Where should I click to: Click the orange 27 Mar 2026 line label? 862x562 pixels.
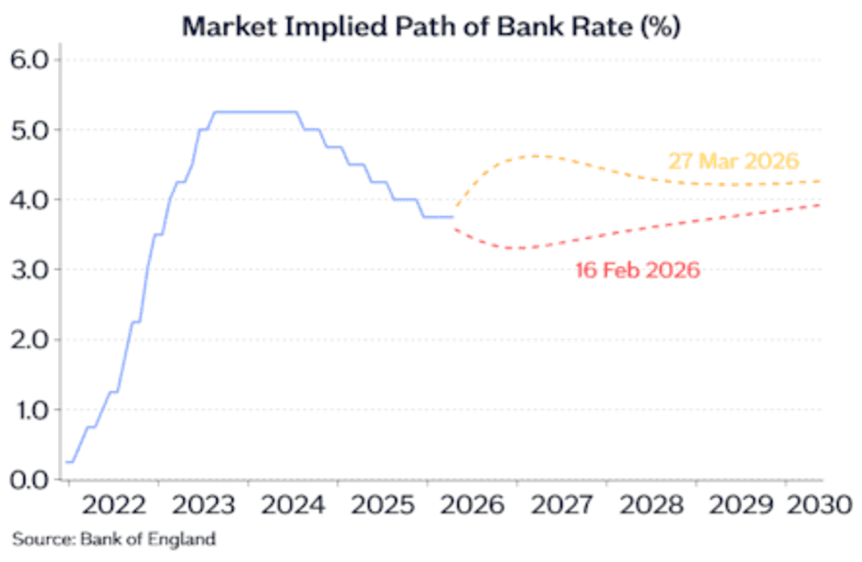734,161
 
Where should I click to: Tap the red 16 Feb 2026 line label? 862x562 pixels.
637,271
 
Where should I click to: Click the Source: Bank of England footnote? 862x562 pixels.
113,538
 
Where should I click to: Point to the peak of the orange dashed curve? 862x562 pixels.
535,156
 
